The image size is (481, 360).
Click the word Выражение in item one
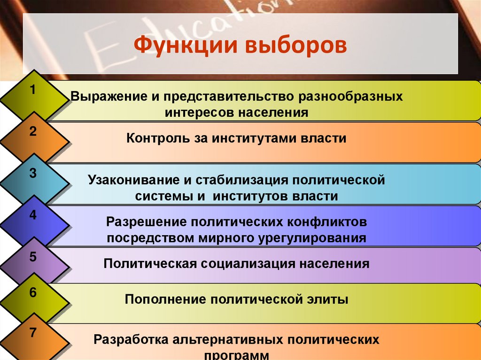107,96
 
